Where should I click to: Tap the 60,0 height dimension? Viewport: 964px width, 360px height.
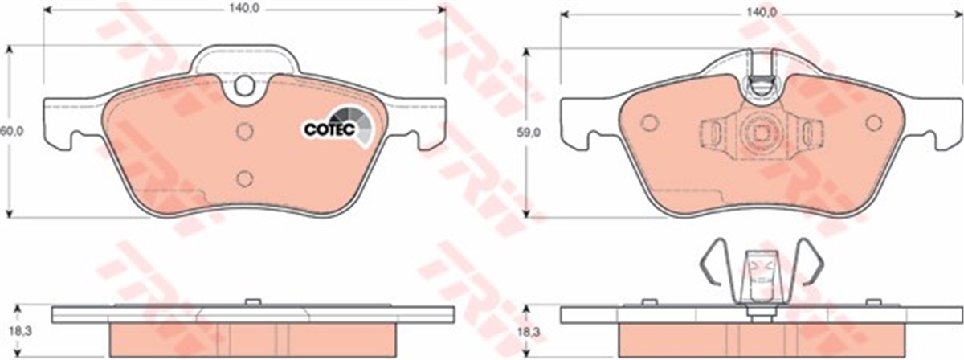tap(11, 131)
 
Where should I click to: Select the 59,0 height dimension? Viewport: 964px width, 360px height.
tap(529, 133)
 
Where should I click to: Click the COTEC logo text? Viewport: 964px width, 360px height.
tap(329, 129)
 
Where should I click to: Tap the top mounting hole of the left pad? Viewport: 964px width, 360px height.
tap(244, 86)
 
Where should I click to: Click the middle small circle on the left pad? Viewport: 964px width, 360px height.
tap(245, 131)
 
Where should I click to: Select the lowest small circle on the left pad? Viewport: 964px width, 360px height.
tap(244, 178)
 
